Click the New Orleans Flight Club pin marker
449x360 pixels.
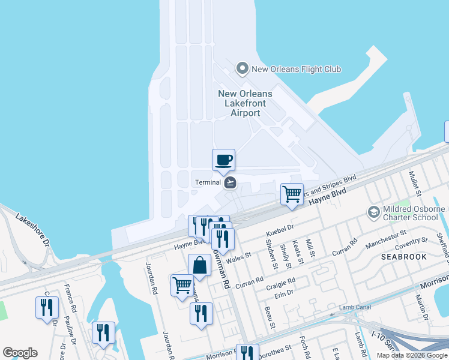coord(243,68)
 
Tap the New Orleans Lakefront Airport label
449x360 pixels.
coord(245,103)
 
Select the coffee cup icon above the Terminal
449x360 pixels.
coord(223,160)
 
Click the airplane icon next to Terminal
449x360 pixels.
coord(230,182)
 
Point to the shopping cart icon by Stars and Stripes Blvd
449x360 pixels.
coord(292,194)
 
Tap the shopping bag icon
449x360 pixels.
coord(199,265)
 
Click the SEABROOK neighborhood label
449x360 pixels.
coord(404,256)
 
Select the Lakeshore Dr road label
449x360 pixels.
coord(34,230)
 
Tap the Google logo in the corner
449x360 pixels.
coord(20,353)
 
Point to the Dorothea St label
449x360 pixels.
coord(274,348)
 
